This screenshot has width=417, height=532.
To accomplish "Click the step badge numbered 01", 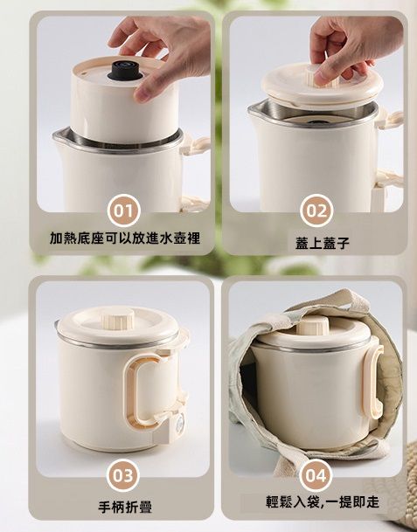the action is tap(123, 211).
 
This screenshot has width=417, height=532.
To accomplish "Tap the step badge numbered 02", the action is tap(316, 211).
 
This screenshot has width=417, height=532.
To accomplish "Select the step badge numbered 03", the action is tap(123, 475).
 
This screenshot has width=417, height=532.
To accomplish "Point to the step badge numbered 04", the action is tap(316, 475).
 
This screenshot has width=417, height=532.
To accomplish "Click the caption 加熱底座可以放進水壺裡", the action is tap(125, 238).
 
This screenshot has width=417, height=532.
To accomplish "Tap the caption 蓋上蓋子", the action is tap(323, 243).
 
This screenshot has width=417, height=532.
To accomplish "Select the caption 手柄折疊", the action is tap(125, 507).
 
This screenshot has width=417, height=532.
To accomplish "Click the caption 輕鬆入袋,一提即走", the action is tap(323, 501).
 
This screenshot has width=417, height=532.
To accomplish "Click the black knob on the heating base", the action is tap(122, 71).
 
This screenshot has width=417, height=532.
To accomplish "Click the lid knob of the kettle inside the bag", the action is tap(313, 325).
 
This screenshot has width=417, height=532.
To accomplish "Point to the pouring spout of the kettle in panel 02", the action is tap(254, 110).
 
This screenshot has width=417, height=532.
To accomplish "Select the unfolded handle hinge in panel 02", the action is tap(391, 120).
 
